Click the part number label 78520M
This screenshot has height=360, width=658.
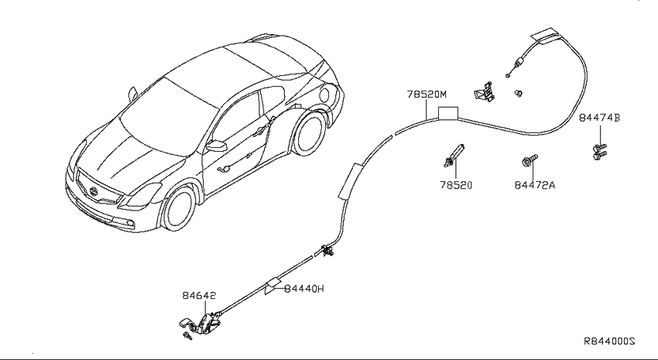coord(427,94)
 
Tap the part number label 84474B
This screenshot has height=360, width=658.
coord(599,118)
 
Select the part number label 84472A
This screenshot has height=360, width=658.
coord(535,185)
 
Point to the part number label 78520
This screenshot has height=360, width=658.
coord(456,185)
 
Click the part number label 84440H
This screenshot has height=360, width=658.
coord(304,289)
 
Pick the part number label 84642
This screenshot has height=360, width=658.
coord(199,296)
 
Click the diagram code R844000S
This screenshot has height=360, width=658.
coord(609,341)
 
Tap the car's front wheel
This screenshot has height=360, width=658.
coord(179,207)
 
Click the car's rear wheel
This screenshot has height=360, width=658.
coord(310,133)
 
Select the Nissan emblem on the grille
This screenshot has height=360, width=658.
coord(94,193)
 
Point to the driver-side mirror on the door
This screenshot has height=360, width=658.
coord(217,146)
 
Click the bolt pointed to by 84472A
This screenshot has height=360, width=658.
coord(530,160)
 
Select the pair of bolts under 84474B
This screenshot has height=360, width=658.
coord(600,152)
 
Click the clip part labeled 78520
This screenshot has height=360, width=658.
coord(454,155)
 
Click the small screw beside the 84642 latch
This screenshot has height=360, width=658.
coord(187,336)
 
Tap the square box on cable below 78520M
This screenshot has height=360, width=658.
coord(447,113)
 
